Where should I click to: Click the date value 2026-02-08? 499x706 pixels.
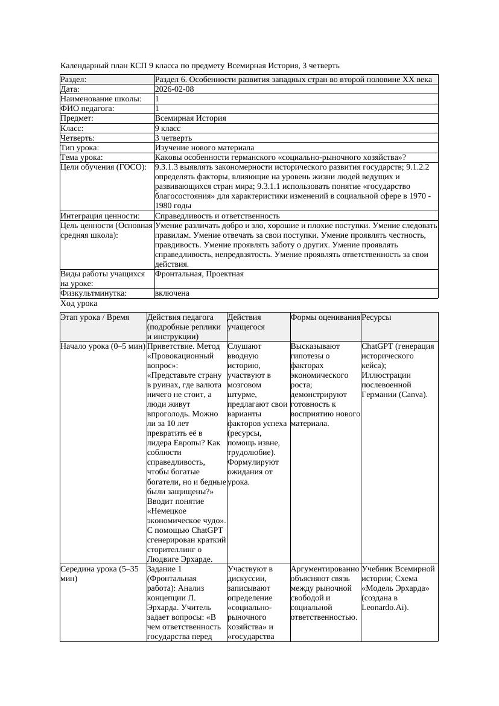coord(174,89)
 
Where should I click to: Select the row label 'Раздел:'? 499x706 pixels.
coord(74,80)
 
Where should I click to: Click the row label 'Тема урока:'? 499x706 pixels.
coord(81,157)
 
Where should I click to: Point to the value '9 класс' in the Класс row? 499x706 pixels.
coord(168,129)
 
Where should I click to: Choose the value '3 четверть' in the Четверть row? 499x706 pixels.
coord(173,138)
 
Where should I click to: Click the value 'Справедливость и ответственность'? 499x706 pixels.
coord(217,215)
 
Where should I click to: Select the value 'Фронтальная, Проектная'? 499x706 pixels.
coord(199,274)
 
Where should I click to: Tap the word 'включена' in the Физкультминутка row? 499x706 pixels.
coord(172,293)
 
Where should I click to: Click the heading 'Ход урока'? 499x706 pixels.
coord(79,304)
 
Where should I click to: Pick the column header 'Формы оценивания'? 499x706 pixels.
coord(325,317)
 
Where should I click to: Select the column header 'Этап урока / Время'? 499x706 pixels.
coord(95,317)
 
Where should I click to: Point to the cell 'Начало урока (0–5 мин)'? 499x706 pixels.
coord(103,346)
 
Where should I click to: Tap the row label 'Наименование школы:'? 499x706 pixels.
coord(101,99)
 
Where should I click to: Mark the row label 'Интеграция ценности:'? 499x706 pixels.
coord(100,215)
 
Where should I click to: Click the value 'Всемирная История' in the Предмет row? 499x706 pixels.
coord(190,119)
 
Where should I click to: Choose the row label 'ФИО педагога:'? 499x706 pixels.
coord(87,109)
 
